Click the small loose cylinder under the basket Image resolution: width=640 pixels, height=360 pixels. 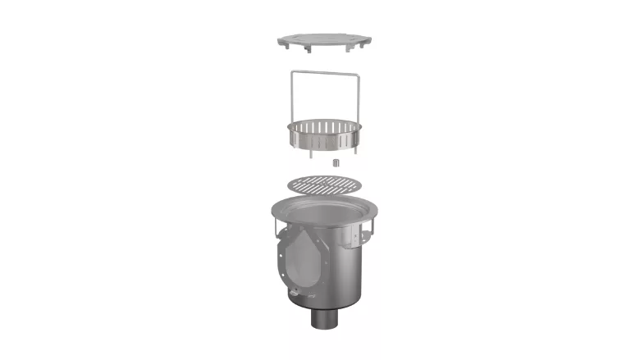click(335, 162)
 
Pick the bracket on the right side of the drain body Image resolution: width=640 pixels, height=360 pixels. click(365, 234)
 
